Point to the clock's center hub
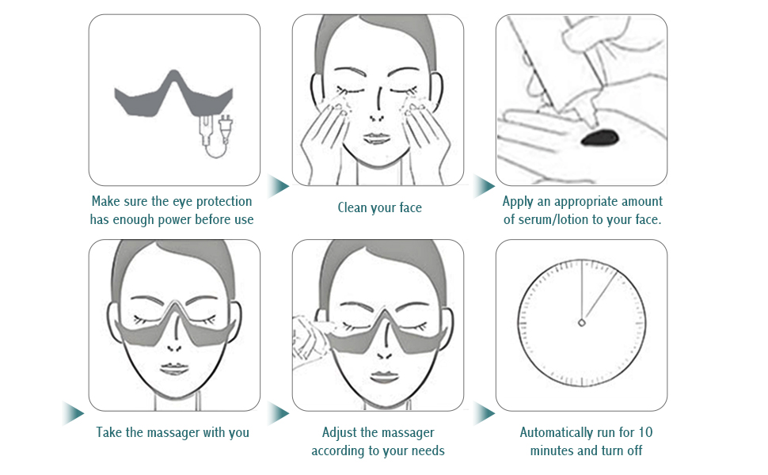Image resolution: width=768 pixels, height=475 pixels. tap(582, 322)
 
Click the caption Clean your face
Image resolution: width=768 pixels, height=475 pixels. tap(379, 208)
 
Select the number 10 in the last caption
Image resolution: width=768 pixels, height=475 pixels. tap(646, 432)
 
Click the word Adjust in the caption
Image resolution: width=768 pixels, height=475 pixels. tap(340, 432)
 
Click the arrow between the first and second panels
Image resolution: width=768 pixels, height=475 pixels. tap(277, 187)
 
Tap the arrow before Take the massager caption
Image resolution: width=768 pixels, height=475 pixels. tap(73, 413)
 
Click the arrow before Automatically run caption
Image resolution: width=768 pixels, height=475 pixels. tap(484, 413)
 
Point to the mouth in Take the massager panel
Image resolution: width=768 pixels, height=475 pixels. tap(174, 370)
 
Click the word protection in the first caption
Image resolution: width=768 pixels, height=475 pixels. tap(219, 201)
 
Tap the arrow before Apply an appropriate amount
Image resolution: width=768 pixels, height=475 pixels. tap(484, 187)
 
